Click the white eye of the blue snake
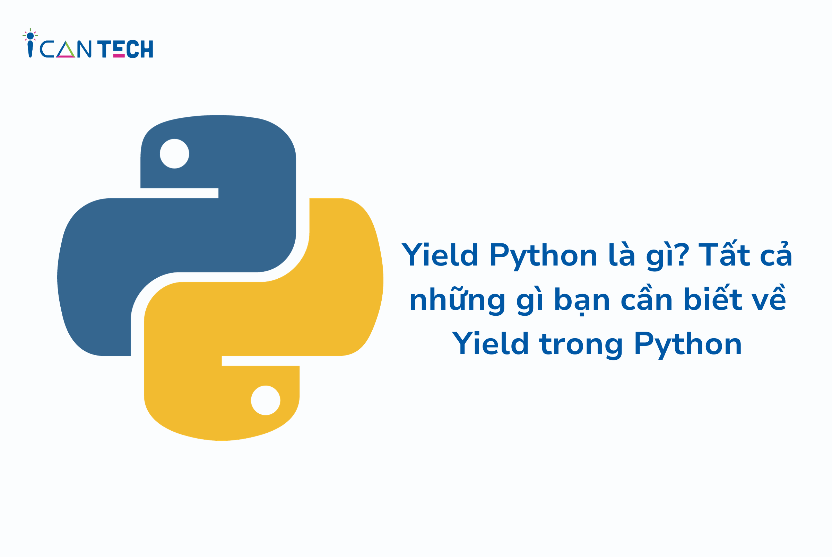(174, 153)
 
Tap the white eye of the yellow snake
(265, 400)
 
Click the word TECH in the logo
(125, 49)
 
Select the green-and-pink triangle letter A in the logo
(66, 50)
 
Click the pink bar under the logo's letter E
(119, 55)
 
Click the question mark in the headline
(683, 254)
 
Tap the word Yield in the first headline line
(439, 254)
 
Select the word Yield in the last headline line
(490, 343)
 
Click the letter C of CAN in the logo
(47, 49)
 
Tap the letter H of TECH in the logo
(147, 49)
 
